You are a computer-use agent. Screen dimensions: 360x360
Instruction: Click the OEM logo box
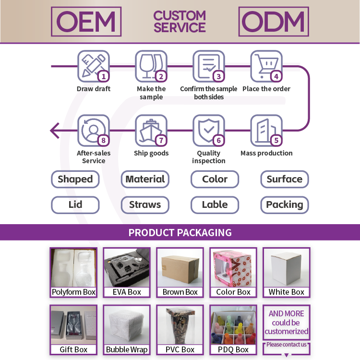[x=86, y=22]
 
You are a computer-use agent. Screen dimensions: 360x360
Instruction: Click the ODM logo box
[x=274, y=22]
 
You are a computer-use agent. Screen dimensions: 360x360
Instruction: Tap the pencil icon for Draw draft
[x=93, y=66]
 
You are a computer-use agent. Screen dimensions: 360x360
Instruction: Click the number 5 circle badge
[x=276, y=141]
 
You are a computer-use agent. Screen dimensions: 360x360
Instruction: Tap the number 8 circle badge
[x=103, y=141]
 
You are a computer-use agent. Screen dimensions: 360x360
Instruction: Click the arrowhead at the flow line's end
[x=54, y=130]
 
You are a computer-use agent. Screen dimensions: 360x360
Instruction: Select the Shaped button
[x=75, y=180]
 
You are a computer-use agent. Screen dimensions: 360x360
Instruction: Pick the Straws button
[x=145, y=205]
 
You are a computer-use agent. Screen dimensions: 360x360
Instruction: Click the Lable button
[x=215, y=205]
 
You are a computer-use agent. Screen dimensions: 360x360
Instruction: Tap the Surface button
[x=285, y=180]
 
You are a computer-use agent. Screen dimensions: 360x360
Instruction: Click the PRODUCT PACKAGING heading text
[x=180, y=233]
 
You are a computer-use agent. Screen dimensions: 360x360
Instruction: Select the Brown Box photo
[x=180, y=268]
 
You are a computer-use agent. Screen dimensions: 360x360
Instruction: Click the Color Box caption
[x=233, y=292]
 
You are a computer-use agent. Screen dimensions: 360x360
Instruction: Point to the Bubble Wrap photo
[x=127, y=325]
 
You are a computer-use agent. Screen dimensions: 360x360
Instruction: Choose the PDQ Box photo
[x=233, y=325]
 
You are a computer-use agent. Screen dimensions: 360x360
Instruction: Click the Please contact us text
[x=287, y=345]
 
